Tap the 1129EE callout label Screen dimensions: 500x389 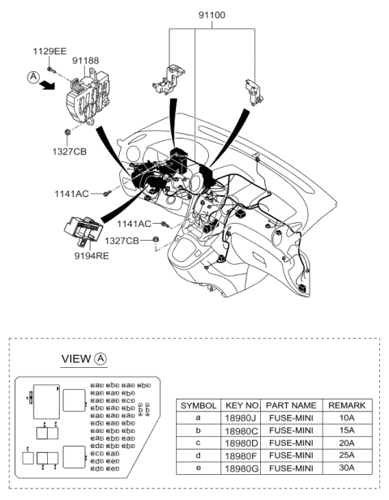pos(49,51)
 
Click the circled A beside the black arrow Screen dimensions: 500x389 pos(32,77)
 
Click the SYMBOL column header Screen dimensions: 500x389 pos(198,405)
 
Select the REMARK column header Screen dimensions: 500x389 pos(346,405)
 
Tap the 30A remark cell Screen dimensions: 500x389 pos(346,468)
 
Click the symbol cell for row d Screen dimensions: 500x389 pos(198,456)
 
